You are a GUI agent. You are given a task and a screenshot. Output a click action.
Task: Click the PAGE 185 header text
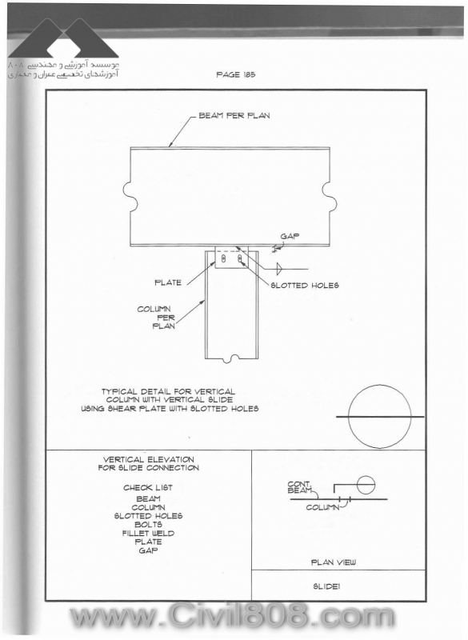[236, 74]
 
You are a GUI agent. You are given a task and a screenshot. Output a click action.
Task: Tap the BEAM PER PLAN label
[234, 115]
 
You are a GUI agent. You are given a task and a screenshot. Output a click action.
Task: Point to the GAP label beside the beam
[290, 236]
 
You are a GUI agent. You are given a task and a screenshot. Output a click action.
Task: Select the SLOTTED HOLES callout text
[305, 286]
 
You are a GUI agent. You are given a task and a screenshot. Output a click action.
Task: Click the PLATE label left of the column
[168, 282]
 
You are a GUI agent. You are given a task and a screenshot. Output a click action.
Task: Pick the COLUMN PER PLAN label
[157, 317]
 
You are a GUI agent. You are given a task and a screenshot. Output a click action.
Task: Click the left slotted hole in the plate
[223, 258]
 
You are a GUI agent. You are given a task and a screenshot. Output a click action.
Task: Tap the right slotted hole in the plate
[240, 258]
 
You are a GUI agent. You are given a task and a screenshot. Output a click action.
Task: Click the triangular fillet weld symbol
[279, 269]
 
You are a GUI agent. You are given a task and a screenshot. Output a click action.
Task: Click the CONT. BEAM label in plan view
[299, 487]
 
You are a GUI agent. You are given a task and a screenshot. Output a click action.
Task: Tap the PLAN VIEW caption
[334, 562]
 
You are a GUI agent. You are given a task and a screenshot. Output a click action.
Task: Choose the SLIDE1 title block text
[326, 586]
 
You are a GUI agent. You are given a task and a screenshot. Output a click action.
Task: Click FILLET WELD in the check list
[148, 533]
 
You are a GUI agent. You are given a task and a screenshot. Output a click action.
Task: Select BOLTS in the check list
[148, 525]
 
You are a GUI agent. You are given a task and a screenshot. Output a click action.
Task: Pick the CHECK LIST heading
[148, 487]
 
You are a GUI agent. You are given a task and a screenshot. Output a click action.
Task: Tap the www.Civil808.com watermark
[232, 616]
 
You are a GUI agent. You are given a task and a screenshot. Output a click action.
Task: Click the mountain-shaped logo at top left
[63, 38]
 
